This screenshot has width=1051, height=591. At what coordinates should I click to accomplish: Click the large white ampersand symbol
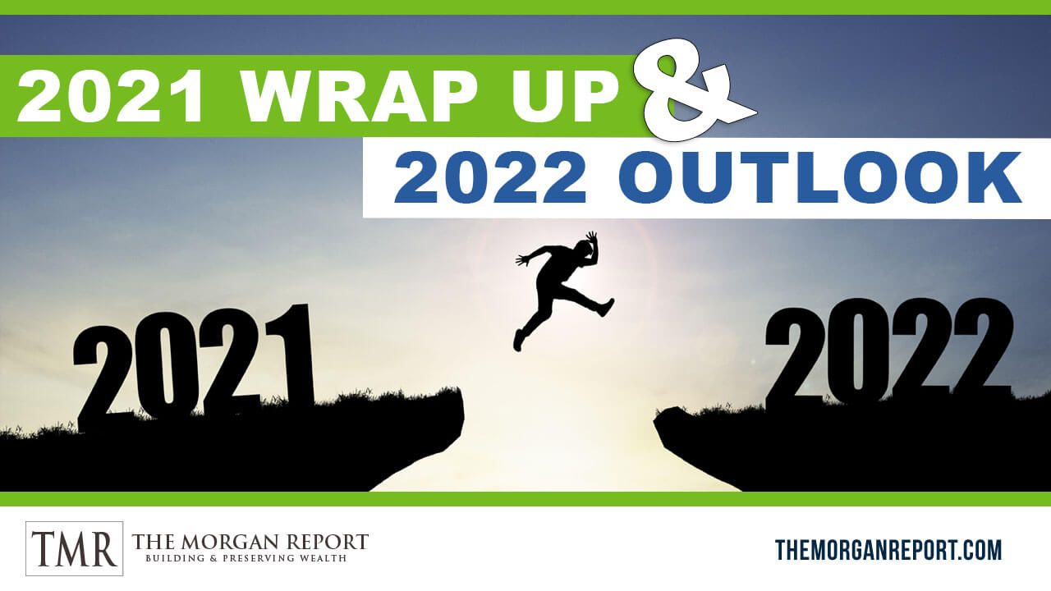(690, 89)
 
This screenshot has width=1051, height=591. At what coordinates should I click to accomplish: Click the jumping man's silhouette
(563, 290)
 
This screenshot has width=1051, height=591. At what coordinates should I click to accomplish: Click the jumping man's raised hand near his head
(592, 237)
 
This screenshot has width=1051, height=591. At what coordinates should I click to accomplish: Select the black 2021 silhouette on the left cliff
(193, 369)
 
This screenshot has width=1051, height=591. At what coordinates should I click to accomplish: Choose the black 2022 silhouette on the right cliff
(888, 353)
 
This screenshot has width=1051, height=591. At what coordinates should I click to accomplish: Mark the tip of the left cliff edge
(464, 416)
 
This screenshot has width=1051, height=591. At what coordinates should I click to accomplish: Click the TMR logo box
(74, 548)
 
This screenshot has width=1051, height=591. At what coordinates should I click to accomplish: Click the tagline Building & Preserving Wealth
(246, 559)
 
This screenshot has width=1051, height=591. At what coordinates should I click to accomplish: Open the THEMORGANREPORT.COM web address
(888, 550)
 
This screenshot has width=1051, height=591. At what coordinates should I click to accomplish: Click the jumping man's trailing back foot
(518, 341)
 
